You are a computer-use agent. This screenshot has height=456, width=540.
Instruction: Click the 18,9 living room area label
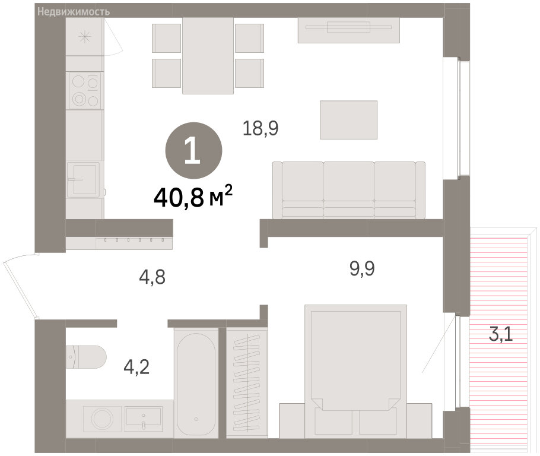point(261,128)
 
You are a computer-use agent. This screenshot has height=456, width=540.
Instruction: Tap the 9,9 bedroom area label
point(363,268)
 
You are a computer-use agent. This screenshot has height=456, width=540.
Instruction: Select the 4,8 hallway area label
point(153,277)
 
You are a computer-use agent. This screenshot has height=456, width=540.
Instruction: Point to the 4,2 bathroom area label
point(136,367)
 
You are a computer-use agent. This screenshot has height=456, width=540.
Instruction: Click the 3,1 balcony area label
point(501,334)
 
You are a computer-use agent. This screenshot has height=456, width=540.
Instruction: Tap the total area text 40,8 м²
point(193,198)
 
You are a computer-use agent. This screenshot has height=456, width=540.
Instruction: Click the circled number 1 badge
point(194,151)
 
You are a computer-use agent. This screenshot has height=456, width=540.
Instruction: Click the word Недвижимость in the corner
point(74,12)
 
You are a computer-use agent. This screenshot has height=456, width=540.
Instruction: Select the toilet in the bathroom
point(86,357)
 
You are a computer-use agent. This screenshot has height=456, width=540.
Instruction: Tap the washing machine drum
point(102,419)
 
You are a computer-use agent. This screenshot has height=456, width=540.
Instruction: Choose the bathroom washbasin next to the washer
point(143,419)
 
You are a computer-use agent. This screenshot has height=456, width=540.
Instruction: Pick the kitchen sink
point(83,179)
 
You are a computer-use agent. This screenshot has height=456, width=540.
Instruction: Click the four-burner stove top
point(85,91)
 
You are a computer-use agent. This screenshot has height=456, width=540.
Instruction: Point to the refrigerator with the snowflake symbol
point(85,37)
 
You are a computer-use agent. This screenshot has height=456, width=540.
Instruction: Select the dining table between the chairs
point(208,55)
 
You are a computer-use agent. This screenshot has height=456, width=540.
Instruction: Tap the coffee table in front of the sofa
point(348,120)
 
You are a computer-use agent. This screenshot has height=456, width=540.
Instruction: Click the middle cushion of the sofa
point(348,189)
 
